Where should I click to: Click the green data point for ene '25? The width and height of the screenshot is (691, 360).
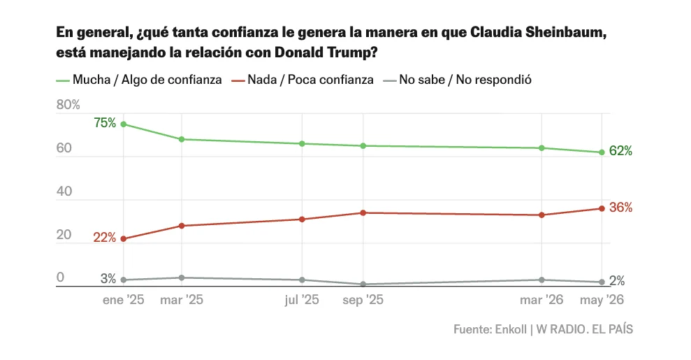pos(124,124)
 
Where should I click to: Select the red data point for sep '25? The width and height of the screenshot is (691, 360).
pos(363,213)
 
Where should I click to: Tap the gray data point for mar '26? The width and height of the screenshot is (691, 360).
pos(541,280)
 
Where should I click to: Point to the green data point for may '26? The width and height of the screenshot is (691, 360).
pos(602,152)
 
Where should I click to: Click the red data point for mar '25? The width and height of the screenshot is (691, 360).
pos(181,226)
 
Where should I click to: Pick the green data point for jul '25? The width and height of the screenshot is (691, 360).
pos(302,143)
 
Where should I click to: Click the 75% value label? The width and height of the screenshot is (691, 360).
pos(105,123)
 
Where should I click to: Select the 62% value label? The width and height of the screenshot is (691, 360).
pos(620,151)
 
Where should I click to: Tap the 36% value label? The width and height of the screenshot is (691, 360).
pos(620,208)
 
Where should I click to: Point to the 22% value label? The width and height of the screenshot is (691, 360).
pos(104,238)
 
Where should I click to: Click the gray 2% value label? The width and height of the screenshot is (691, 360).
pos(617,281)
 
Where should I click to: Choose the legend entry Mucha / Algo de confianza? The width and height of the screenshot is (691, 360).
pos(139,80)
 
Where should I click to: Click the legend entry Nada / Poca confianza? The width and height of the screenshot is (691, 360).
pos(303,80)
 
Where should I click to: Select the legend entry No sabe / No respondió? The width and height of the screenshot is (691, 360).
pos(457,80)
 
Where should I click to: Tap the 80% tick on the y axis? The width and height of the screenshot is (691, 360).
pos(68,105)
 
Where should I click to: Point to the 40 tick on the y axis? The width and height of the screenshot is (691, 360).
pos(64,192)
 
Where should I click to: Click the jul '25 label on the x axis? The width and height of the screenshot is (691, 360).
pos(302,300)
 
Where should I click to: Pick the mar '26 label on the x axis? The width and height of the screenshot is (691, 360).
pos(541,300)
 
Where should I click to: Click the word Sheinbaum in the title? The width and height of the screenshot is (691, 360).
pos(566,33)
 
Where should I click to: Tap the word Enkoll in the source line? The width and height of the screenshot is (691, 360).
pos(511,330)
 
